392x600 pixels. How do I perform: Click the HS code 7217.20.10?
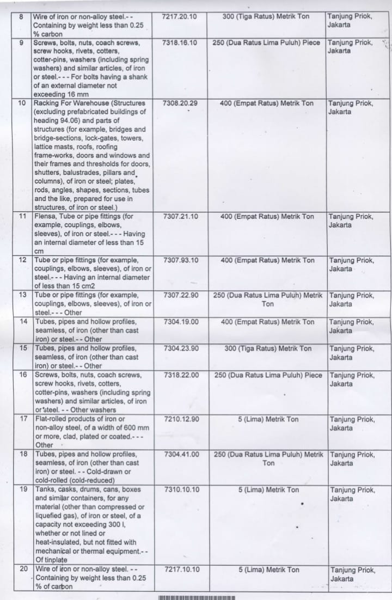point(180,16)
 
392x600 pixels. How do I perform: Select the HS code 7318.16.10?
point(180,42)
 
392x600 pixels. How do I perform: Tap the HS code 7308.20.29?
point(180,103)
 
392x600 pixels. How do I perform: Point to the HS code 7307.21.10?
point(181,216)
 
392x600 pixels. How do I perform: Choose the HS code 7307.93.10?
point(181,260)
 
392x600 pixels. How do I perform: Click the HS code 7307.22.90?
point(181,295)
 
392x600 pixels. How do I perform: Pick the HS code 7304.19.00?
point(181,322)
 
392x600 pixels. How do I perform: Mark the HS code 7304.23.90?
point(181,348)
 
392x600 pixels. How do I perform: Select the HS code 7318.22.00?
point(181,375)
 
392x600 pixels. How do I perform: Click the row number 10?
point(22,103)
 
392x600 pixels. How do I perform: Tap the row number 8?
point(21,16)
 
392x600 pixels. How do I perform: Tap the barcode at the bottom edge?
point(197,597)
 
